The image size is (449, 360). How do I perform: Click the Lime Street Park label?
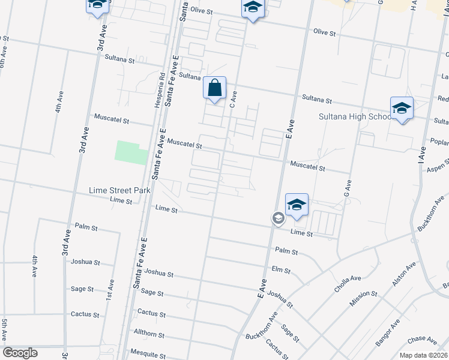tap(119, 190)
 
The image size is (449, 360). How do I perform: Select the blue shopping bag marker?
tap(214, 89)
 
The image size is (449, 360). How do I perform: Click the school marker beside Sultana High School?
tap(402, 109)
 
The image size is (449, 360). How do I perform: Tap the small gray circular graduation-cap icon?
tap(278, 218)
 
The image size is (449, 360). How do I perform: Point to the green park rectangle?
tap(131, 152)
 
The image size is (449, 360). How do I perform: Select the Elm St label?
tap(281, 270)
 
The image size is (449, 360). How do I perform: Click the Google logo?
tap(20, 353)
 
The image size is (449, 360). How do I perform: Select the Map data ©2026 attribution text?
tap(423, 355)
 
